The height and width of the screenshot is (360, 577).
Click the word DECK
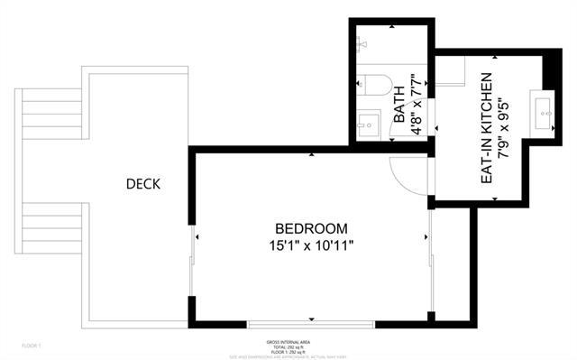click(142, 184)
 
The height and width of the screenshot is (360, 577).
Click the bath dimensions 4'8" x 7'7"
click(417, 105)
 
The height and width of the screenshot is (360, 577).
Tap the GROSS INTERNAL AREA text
click(288, 340)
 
